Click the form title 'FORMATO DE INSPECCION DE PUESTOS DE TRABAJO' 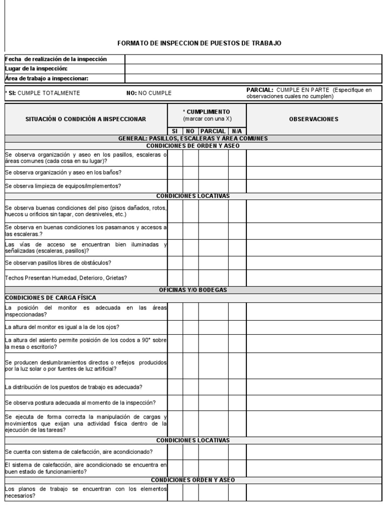pyautogui.click(x=199, y=43)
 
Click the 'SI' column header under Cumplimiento pyautogui.click(x=175, y=131)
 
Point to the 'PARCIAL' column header pyautogui.click(x=213, y=131)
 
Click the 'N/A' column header pyautogui.click(x=237, y=131)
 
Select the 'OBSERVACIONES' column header pyautogui.click(x=313, y=119)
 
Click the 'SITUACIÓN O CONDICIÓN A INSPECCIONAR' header pyautogui.click(x=86, y=119)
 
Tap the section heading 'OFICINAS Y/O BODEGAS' pyautogui.click(x=193, y=290)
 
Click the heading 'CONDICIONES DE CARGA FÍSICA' pyautogui.click(x=50, y=297)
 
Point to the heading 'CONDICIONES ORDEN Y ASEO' pyautogui.click(x=193, y=480)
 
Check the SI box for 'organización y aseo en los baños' pyautogui.click(x=175, y=173)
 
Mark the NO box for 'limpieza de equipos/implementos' pyautogui.click(x=190, y=186)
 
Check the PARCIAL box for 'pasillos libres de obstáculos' pyautogui.click(x=213, y=263)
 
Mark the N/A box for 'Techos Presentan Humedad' pyautogui.click(x=237, y=278)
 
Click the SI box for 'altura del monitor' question pyautogui.click(x=175, y=327)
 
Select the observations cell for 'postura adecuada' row pyautogui.click(x=313, y=402)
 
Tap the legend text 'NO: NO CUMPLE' pyautogui.click(x=149, y=93)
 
